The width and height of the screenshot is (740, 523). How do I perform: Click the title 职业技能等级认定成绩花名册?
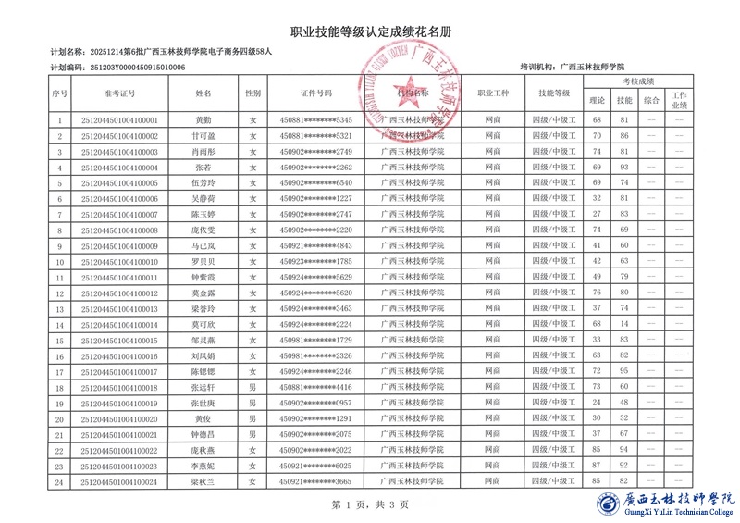(371, 31)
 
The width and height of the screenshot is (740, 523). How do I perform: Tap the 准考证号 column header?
(119, 93)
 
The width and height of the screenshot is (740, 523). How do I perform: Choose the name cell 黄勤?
(203, 120)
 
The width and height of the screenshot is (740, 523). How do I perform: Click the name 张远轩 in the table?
(203, 388)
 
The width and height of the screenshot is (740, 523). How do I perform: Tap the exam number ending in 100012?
(119, 293)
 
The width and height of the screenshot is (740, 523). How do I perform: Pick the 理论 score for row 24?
(597, 482)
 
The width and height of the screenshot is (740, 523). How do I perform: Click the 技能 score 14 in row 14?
(624, 325)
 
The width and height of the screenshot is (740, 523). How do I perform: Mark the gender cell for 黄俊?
(253, 419)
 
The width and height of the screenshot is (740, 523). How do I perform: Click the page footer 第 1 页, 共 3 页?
(369, 504)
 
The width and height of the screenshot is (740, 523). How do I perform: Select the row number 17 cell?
(60, 372)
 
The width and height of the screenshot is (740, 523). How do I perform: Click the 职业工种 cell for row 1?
(493, 120)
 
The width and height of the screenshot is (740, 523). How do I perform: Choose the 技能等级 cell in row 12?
(553, 293)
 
